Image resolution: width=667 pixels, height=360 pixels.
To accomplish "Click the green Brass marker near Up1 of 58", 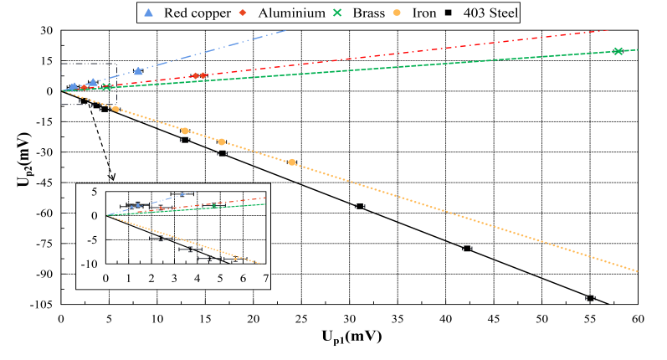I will pos(618,51).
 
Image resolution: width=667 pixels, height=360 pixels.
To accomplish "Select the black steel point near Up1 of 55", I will pos(590,298).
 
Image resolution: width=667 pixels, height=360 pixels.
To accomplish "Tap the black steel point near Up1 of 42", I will pos(467,248).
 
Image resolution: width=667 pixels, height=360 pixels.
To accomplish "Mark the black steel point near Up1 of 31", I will pos(360,206).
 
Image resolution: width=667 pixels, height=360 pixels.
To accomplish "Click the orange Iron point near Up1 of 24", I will pos(292,162).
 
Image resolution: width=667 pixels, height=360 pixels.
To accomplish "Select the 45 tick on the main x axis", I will pos(494,319).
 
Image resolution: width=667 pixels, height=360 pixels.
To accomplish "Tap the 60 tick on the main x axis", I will pos(638,319).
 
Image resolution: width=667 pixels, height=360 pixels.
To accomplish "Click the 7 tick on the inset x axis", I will pos(266,278).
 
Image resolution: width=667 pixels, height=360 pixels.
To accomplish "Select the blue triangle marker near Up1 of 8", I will pos(138,71).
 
